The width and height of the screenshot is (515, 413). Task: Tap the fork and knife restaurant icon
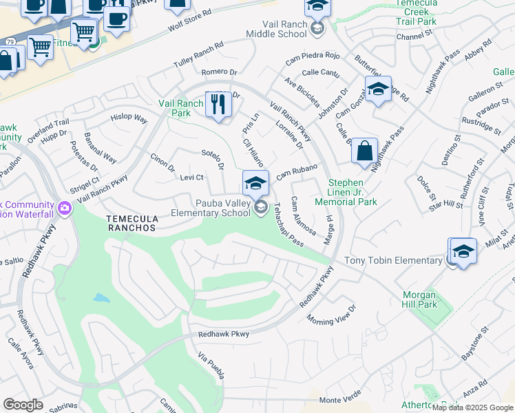(x=218, y=105)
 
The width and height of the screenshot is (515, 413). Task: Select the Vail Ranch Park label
(x=181, y=108)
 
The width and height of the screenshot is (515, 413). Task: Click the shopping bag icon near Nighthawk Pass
(x=364, y=150)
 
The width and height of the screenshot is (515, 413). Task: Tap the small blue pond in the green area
(x=101, y=299)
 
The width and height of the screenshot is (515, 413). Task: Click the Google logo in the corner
(x=23, y=404)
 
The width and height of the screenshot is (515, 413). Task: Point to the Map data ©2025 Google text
(x=472, y=407)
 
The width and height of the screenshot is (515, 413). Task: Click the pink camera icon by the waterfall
(x=65, y=207)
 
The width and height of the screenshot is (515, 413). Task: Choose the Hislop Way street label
(x=129, y=118)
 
